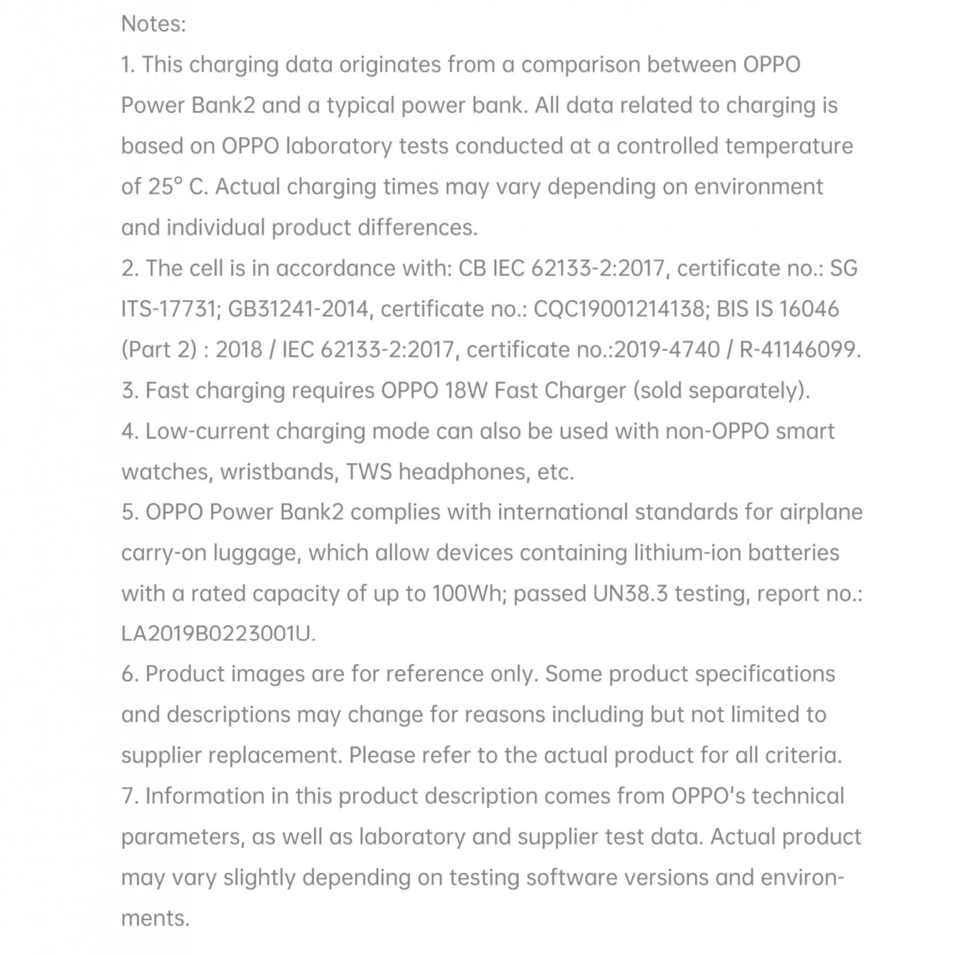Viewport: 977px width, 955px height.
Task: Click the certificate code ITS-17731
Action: [x=168, y=309]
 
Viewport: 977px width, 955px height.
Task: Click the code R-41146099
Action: [x=799, y=349]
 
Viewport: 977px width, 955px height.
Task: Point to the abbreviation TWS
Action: [x=369, y=472]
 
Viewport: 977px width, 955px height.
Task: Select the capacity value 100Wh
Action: [x=467, y=593]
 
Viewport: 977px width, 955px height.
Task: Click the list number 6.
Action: [x=128, y=674]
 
